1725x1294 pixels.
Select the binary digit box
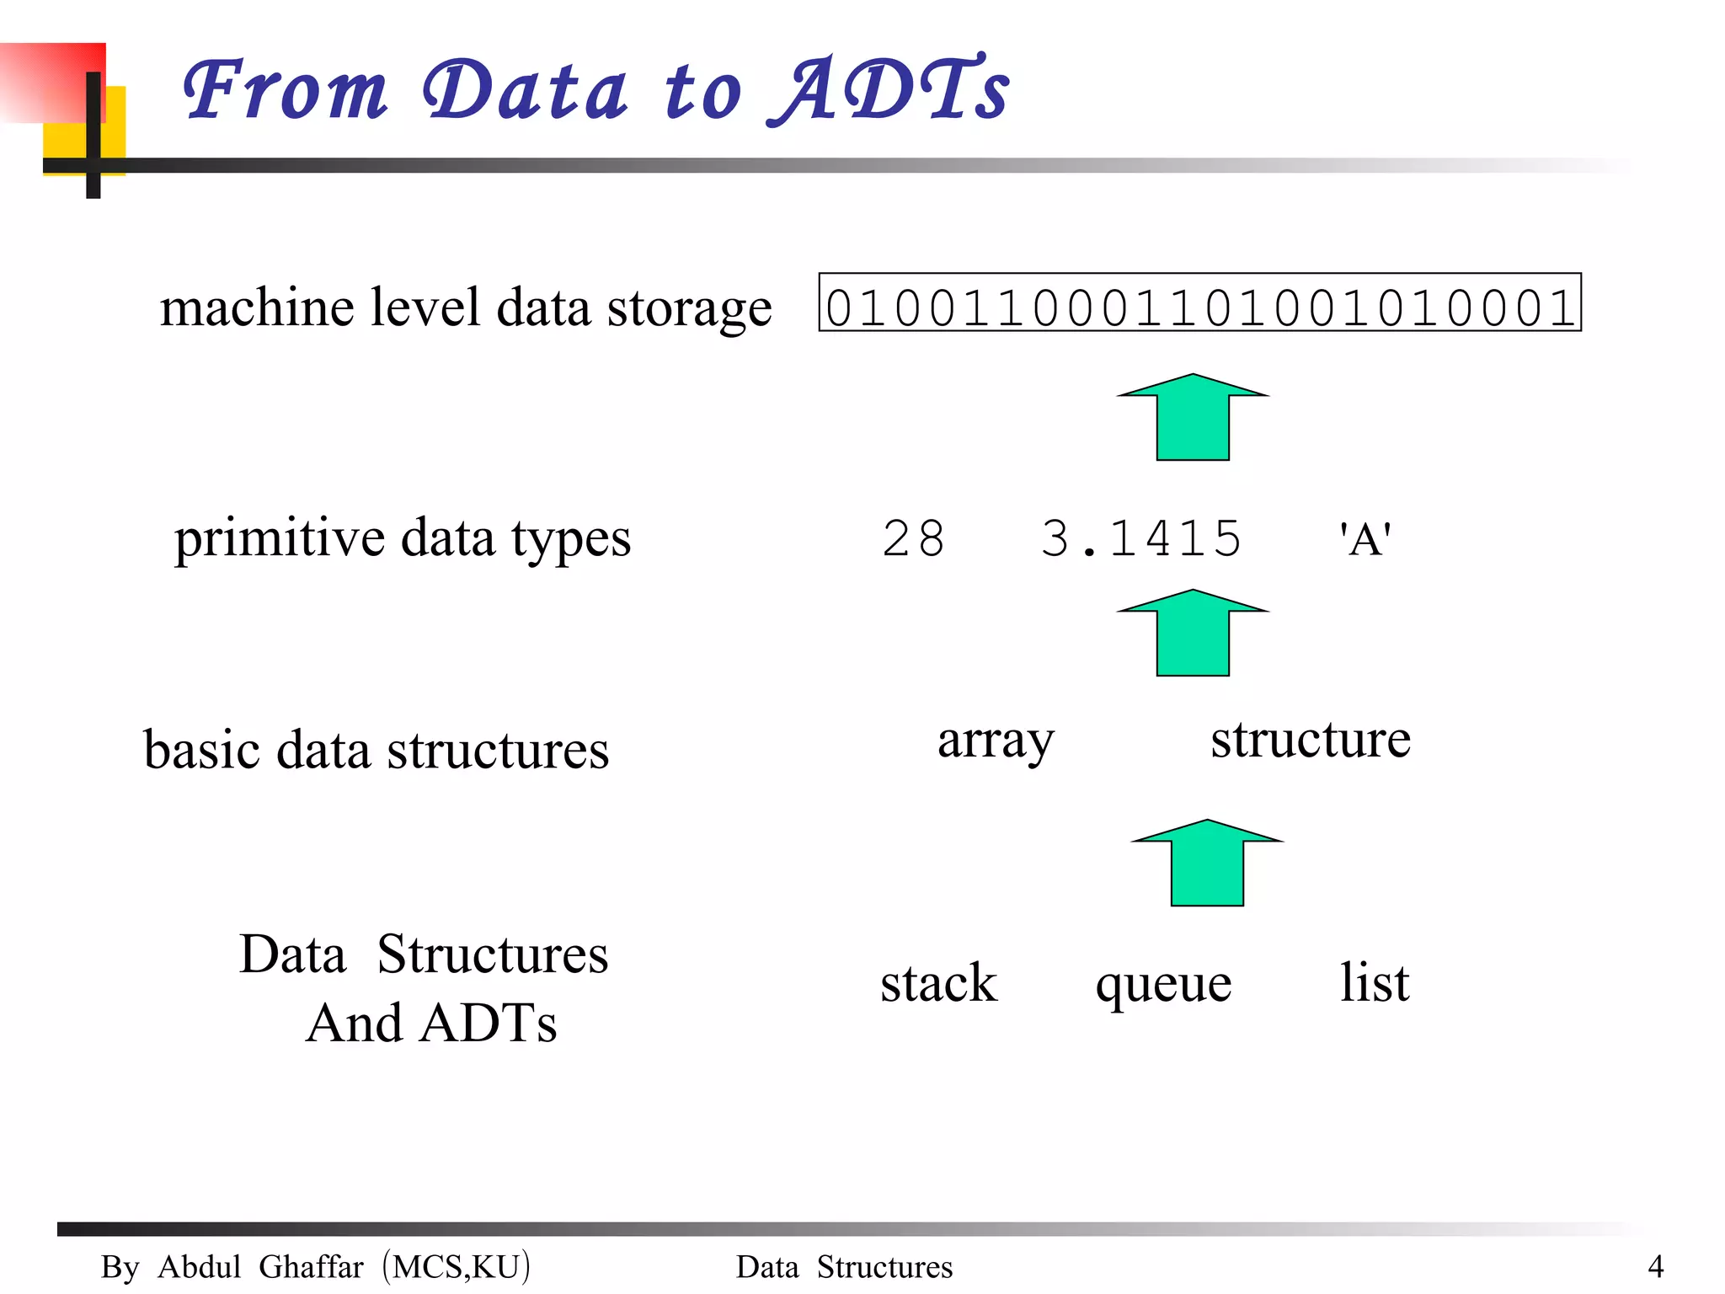coord(1199,302)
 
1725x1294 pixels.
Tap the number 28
coord(913,538)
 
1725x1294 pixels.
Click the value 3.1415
coord(1141,538)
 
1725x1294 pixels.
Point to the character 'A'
coord(1365,539)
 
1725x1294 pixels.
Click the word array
coord(996,741)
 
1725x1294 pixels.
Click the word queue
coord(1163,984)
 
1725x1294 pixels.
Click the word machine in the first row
coord(257,307)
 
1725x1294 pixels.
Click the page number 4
coord(1655,1266)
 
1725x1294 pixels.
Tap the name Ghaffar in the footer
coord(311,1266)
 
